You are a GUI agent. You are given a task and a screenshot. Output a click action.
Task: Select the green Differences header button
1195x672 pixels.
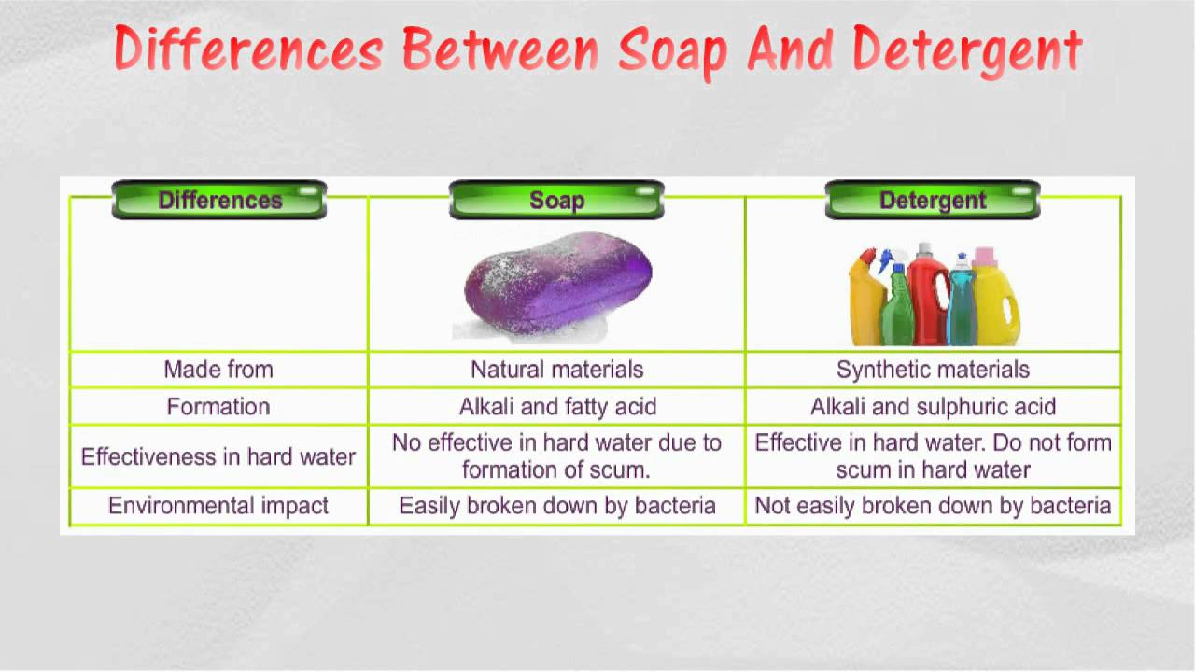(x=219, y=200)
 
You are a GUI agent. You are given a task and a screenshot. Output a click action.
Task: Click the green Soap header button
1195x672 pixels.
(x=557, y=200)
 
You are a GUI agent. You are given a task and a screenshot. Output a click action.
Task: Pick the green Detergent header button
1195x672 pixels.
(x=933, y=200)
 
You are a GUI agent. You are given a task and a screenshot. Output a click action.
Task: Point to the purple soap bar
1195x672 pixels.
(x=558, y=282)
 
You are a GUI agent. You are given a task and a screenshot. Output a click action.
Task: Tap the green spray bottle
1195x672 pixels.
(x=897, y=304)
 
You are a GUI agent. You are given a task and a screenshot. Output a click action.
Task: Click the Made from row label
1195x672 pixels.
(x=218, y=369)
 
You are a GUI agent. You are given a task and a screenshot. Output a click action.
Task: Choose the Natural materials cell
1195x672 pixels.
(x=557, y=369)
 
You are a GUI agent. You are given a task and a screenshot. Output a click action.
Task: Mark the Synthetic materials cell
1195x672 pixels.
(x=933, y=369)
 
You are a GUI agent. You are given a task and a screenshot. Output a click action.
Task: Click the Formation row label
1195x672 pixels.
(x=218, y=406)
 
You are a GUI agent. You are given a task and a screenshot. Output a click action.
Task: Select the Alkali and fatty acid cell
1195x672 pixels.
(x=557, y=406)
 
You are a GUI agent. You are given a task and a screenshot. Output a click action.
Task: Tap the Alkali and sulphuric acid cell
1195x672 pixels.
(x=933, y=406)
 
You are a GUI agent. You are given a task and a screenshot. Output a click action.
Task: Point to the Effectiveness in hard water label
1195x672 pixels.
(x=218, y=456)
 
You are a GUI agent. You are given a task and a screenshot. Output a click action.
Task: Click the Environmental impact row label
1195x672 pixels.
(x=218, y=506)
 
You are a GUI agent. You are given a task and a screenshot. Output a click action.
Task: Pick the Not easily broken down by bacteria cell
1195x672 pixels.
(x=933, y=506)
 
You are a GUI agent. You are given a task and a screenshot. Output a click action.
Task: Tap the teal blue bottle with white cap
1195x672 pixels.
(x=962, y=301)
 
